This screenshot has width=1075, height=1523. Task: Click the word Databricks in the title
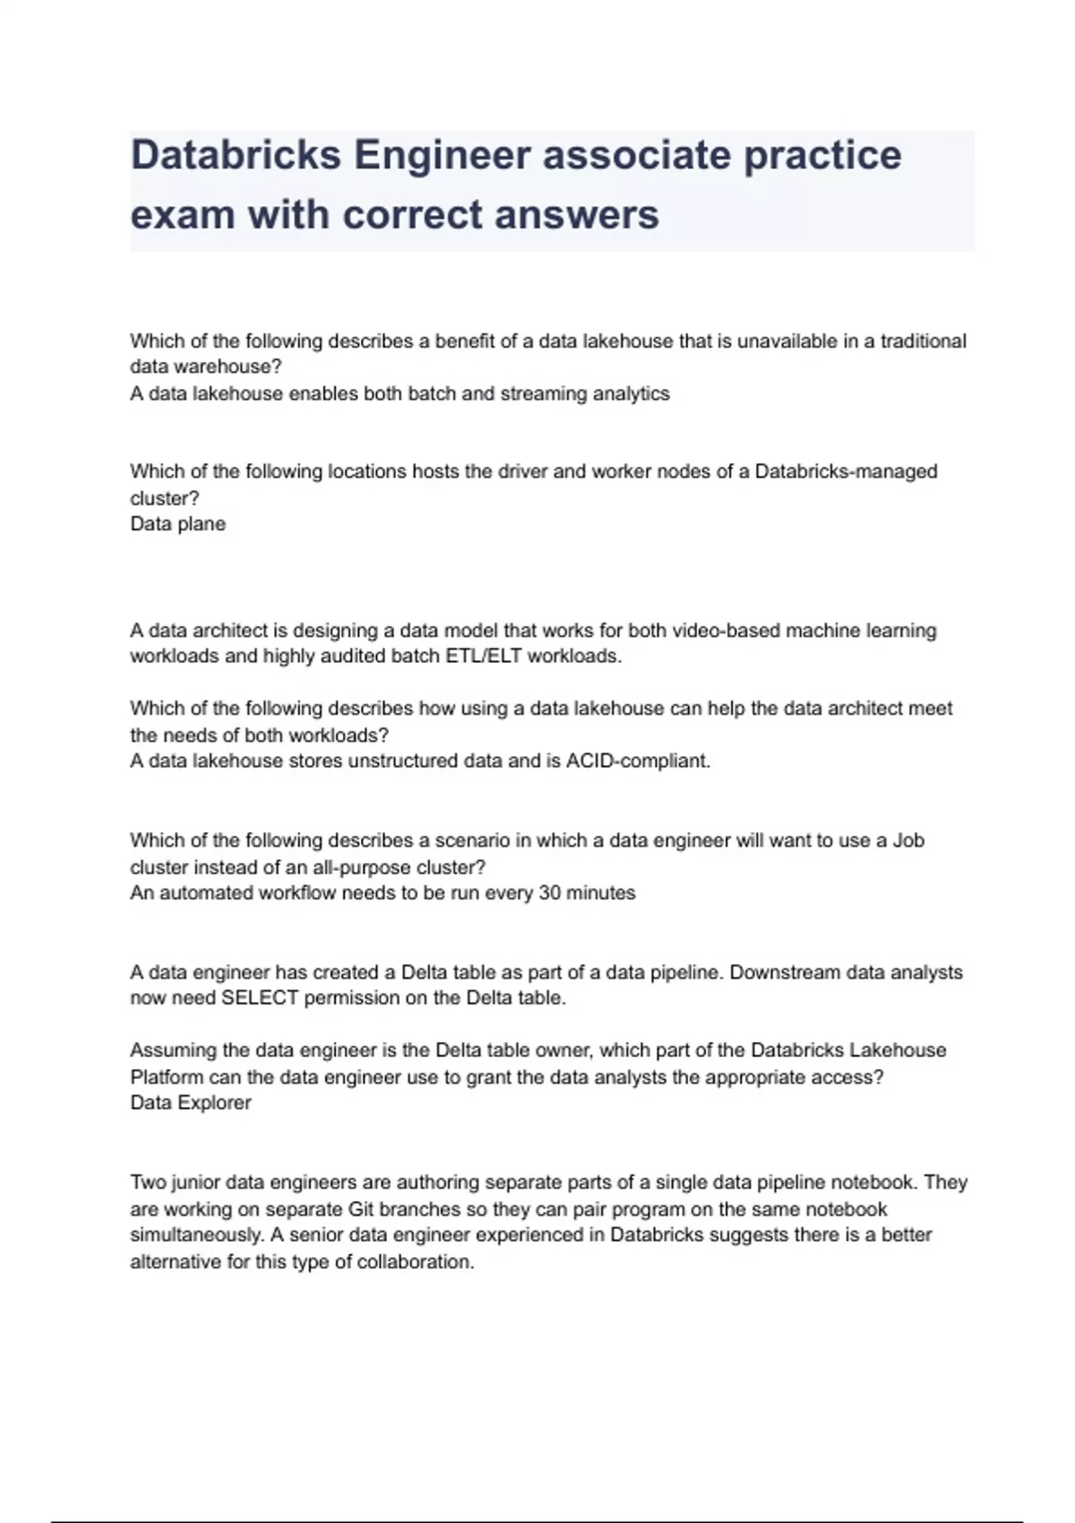coord(236,155)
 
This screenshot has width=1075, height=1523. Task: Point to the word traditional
coord(923,341)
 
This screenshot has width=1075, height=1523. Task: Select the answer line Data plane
coord(177,524)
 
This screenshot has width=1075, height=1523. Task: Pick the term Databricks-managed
coord(846,472)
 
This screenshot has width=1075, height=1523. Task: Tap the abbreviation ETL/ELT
coord(483,657)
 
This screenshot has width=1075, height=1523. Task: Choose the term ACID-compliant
coord(638,761)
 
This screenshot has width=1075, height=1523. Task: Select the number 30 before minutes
coord(550,893)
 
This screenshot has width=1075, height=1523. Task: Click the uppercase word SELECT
coord(259,998)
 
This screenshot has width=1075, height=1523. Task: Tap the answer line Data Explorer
coord(191,1103)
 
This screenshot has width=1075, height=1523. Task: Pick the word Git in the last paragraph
coord(361,1209)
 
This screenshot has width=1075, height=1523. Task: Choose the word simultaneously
coord(196,1235)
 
